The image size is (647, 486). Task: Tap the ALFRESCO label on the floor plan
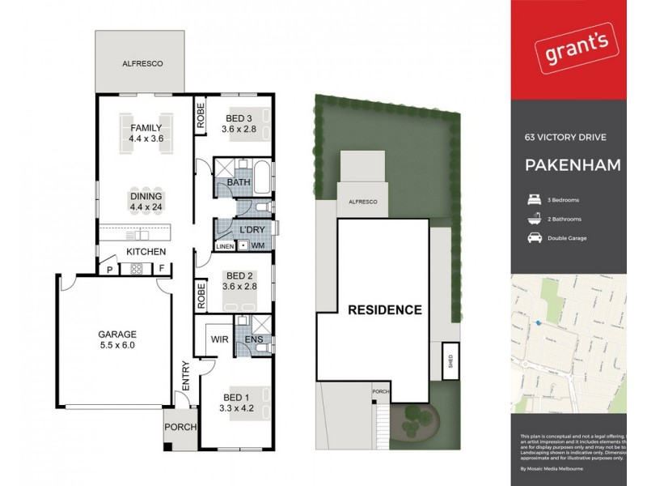click(138, 62)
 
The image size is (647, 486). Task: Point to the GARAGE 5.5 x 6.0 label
click(117, 339)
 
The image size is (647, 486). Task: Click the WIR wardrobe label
click(217, 339)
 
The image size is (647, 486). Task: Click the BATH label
click(239, 183)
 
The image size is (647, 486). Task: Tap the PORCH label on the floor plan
click(179, 427)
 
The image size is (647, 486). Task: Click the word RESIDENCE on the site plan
click(385, 309)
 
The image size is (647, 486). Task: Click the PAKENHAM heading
click(573, 166)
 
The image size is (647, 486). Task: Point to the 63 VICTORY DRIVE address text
click(565, 138)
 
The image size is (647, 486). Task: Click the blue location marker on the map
click(537, 323)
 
